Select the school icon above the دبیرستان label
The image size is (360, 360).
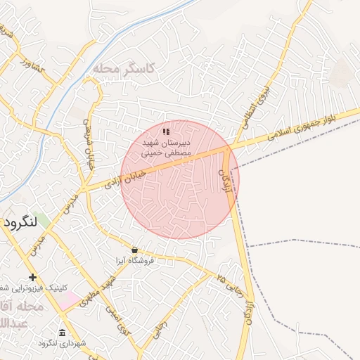point(166,131)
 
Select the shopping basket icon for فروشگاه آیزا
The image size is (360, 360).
point(134,250)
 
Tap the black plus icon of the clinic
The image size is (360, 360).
point(32,277)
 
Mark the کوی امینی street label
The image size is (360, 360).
point(119,320)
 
